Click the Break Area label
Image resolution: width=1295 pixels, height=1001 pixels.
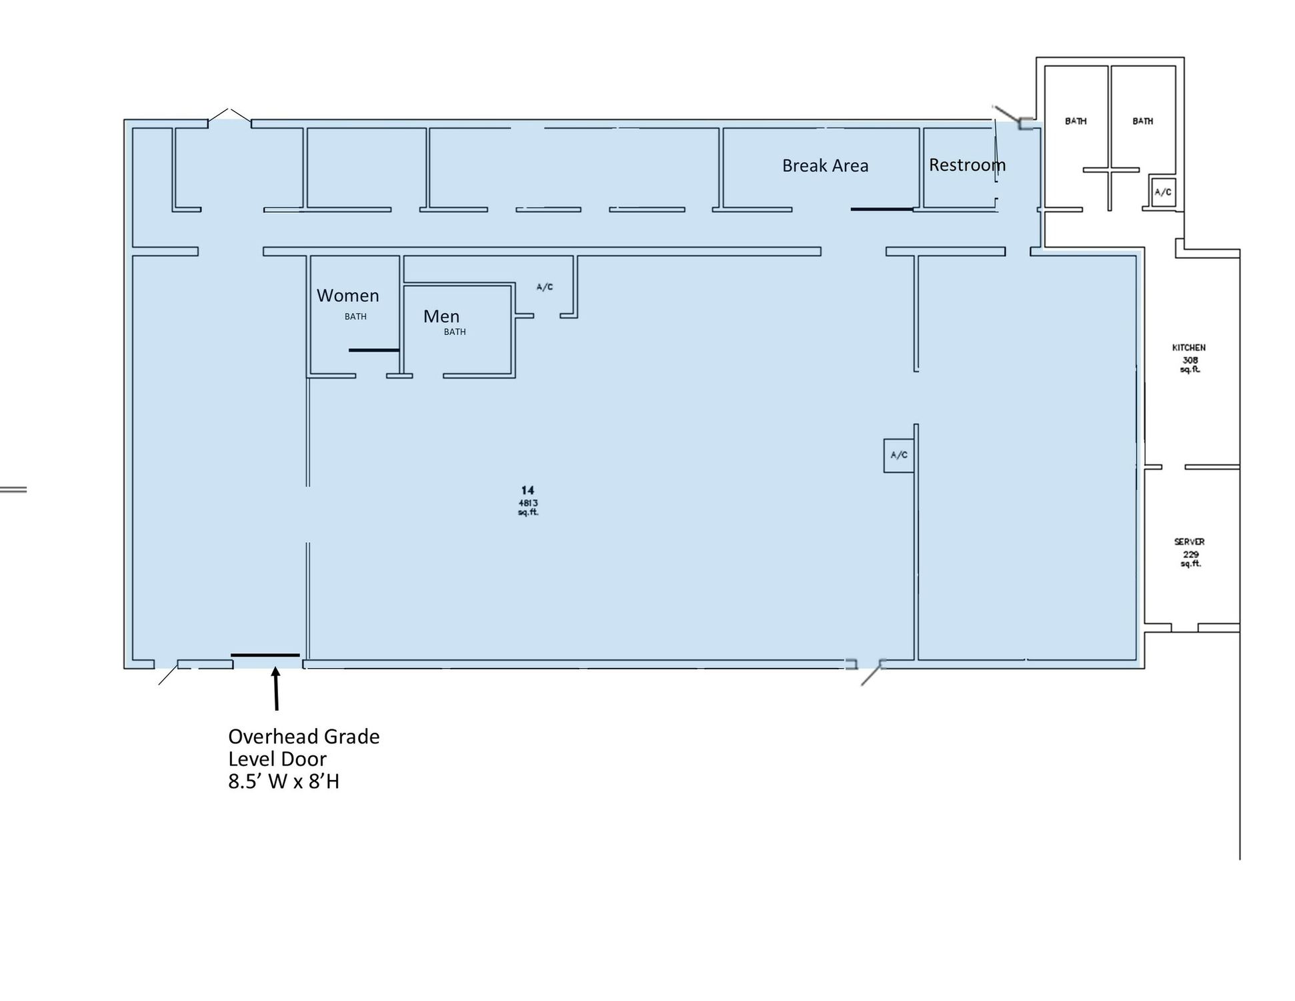click(x=825, y=165)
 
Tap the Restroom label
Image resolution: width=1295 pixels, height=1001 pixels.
click(x=967, y=165)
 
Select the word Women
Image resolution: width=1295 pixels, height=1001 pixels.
click(x=347, y=296)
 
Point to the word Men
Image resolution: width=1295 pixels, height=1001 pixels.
click(x=441, y=316)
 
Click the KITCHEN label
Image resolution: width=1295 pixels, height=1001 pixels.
click(x=1189, y=348)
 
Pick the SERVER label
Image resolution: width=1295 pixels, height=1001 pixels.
click(x=1190, y=542)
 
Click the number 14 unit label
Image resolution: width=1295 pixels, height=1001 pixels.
click(x=527, y=490)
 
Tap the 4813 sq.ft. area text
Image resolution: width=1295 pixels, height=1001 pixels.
click(x=528, y=508)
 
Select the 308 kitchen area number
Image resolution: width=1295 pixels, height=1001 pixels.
click(x=1190, y=360)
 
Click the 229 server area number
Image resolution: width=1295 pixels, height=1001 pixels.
click(x=1190, y=555)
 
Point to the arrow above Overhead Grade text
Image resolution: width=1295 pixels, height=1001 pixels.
click(x=275, y=689)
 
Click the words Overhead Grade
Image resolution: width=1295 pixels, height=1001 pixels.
click(x=303, y=737)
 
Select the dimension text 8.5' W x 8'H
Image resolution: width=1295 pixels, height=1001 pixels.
click(x=283, y=781)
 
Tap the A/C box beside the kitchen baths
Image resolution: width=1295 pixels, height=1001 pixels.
click(x=1162, y=192)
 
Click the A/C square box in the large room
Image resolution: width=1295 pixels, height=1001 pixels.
click(x=898, y=456)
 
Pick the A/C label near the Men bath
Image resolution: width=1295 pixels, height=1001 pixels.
click(x=544, y=287)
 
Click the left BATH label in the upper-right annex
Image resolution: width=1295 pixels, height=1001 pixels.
click(x=1076, y=121)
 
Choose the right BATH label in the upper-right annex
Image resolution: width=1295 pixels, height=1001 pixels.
click(x=1142, y=121)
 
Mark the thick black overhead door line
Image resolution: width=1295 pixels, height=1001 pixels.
click(x=265, y=655)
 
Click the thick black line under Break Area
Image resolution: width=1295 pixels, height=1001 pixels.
click(x=882, y=209)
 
